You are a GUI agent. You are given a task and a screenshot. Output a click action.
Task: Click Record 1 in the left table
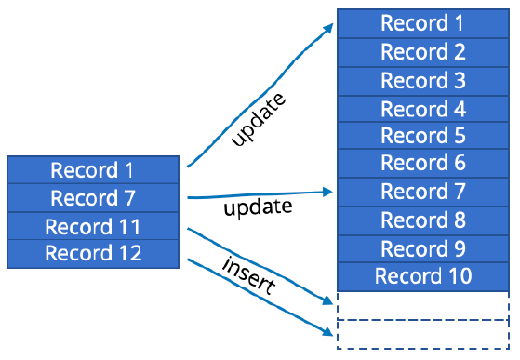tap(91, 170)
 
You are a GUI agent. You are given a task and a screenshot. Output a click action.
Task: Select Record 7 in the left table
tap(91, 198)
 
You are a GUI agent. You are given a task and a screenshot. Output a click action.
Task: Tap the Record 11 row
tap(91, 226)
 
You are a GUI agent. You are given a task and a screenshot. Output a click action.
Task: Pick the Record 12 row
tap(91, 253)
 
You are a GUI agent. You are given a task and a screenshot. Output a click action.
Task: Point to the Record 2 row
tap(422, 52)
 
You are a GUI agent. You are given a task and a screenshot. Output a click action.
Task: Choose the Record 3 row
tap(422, 80)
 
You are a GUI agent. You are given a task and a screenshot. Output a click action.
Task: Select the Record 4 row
tap(422, 108)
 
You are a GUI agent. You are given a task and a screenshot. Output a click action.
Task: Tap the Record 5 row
tap(422, 136)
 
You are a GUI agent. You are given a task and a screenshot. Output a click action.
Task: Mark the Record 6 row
tap(422, 164)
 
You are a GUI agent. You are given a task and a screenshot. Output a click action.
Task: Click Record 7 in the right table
tap(422, 193)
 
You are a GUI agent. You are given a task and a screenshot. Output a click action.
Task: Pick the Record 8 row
tap(422, 220)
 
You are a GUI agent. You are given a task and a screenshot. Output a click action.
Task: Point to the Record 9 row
tap(422, 248)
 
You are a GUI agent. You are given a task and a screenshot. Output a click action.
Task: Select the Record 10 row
tap(422, 276)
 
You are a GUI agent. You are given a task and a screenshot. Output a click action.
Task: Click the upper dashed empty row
tap(422, 305)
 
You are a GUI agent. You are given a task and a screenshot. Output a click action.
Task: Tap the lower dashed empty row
tap(422, 334)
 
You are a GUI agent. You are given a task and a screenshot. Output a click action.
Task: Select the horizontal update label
tap(258, 207)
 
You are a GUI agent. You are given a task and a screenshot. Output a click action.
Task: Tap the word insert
tap(247, 275)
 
